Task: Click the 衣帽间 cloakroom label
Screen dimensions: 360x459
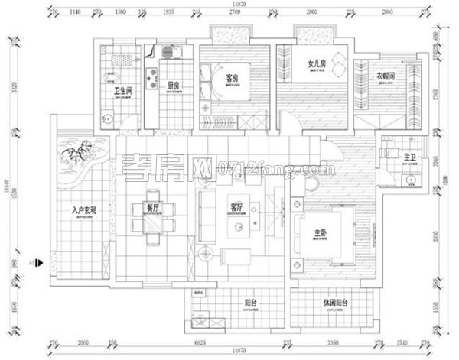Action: tap(386, 76)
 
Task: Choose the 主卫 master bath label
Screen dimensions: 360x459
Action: tap(410, 157)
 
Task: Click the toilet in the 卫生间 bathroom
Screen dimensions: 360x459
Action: tap(109, 118)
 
